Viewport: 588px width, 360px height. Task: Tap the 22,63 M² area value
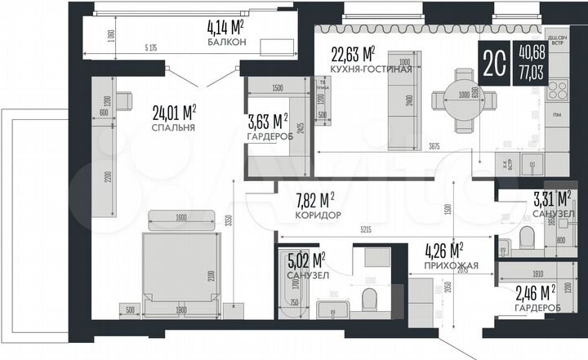[353, 55]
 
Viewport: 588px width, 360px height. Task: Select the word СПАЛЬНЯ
[173, 127]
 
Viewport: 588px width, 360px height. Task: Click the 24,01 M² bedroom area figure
[174, 113]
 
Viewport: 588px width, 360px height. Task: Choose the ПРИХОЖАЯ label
[445, 264]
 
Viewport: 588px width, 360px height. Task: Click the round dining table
[462, 104]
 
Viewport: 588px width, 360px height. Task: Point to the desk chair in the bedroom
[123, 102]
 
